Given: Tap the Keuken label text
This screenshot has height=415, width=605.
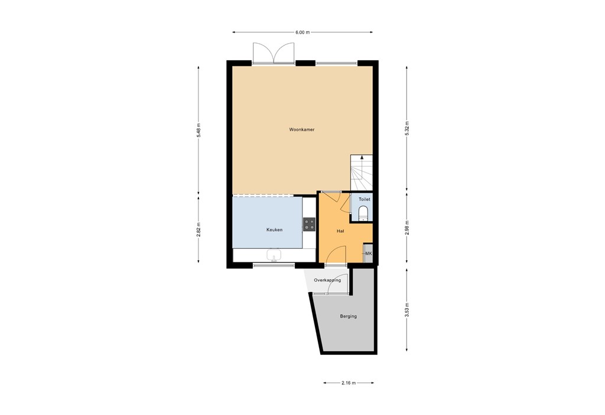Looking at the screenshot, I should pos(274,230).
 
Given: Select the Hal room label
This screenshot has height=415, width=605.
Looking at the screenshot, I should pos(340,231).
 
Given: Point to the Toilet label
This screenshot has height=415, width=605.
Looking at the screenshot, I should pos(364,200).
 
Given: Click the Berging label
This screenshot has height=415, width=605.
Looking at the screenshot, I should pos(348,316).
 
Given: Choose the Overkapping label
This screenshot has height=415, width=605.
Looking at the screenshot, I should pos(327,280).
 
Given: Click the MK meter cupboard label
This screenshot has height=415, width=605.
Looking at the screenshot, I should pos(369,254).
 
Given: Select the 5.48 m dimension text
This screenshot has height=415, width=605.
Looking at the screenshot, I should pos(199,130).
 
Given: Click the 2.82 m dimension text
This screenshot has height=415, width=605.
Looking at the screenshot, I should pos(199,229).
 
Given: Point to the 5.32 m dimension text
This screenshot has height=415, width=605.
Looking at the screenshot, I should pos(406,128).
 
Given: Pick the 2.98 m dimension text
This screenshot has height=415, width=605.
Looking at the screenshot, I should pos(406,226).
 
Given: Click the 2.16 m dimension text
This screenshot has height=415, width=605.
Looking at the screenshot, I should pos(349,383).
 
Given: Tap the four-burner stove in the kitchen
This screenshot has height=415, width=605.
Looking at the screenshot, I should pos(309,224).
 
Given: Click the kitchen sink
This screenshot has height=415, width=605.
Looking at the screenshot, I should pos(274,255).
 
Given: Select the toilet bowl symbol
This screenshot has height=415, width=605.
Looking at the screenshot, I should pos(363,213).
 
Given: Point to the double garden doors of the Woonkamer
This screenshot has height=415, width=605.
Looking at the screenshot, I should pos(274,53).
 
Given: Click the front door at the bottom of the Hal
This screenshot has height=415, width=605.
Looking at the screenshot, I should pos(335,264).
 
